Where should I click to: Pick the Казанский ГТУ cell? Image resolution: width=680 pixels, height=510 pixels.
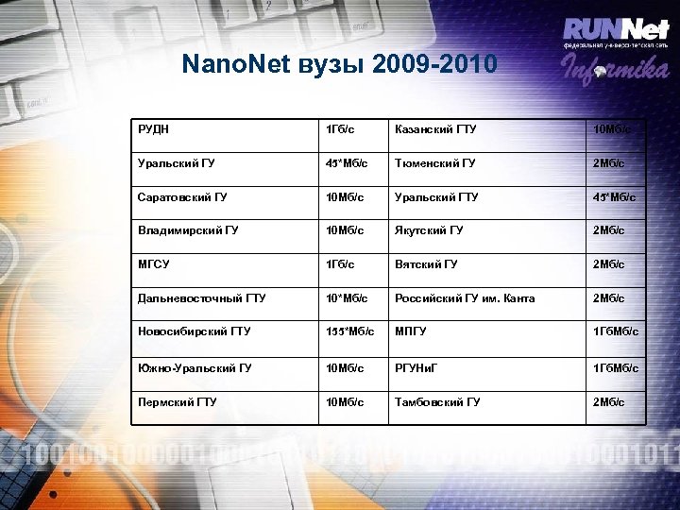pos(435,128)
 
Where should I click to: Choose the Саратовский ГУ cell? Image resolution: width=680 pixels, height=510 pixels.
pos(181,196)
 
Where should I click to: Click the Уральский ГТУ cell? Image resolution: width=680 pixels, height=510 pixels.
pos(436,196)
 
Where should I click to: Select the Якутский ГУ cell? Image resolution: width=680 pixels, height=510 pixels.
pos(429,230)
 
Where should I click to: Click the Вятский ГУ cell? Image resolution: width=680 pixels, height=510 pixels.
pos(426,264)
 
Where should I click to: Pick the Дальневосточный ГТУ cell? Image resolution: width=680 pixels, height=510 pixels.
pos(201,298)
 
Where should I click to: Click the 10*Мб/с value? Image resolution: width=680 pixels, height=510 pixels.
pos(346,298)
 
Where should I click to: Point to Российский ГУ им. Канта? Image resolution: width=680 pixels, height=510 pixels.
pos(465,298)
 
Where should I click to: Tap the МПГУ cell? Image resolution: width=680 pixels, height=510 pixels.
pos(411,332)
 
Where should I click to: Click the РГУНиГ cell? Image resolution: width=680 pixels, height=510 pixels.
pos(416,367)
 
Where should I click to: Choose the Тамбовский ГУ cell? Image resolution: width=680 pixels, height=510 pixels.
pos(437,401)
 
